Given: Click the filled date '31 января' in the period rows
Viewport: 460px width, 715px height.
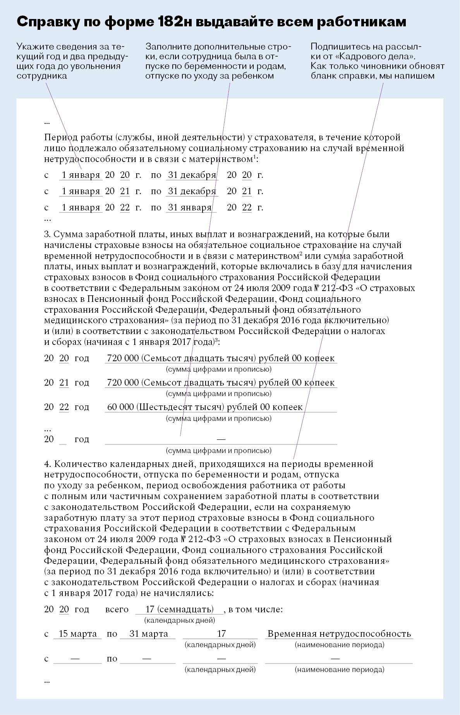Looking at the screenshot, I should point(190,207).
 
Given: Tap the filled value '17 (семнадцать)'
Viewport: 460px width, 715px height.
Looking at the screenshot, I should point(179,609).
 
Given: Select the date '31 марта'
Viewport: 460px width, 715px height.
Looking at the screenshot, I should point(149,634).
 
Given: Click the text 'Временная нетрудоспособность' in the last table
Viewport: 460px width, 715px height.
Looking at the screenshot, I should point(339,634).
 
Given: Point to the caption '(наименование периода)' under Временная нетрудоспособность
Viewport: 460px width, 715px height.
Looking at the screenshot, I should point(339,645).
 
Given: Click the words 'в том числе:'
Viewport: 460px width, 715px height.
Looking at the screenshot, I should point(256,609).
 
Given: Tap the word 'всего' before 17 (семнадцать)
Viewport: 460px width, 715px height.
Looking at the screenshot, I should point(117,609).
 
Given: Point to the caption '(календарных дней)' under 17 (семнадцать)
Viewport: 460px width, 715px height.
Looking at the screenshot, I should point(179,620).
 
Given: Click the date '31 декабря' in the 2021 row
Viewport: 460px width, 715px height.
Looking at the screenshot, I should point(192,191).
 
